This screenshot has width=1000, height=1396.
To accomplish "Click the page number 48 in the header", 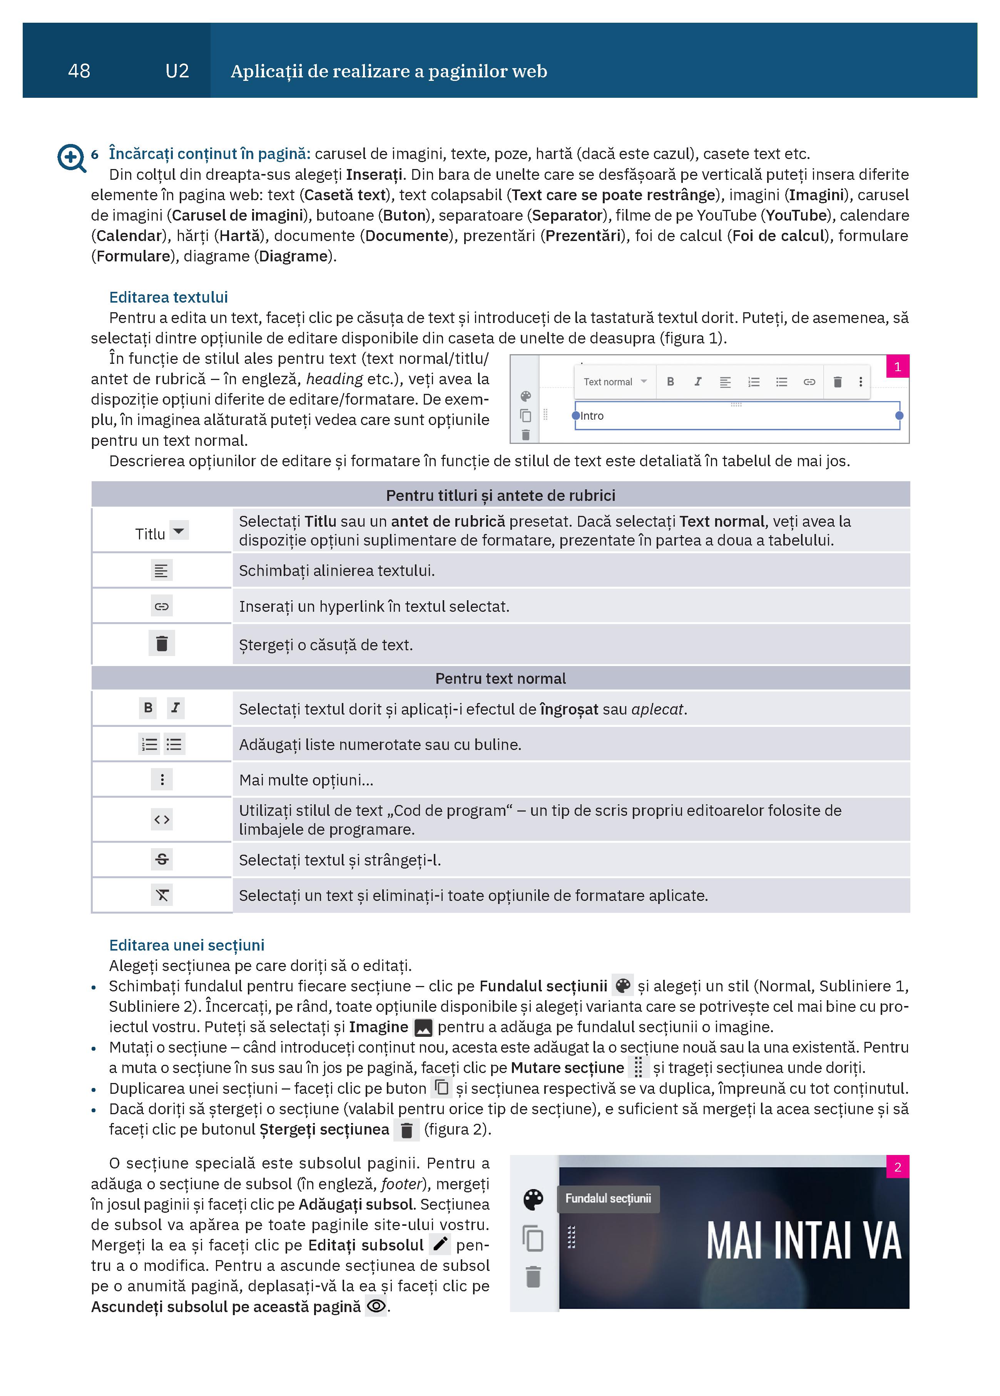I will pos(79,71).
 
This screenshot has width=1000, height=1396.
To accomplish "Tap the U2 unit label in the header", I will pos(177,71).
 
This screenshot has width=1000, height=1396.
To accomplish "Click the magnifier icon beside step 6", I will pos(71,157).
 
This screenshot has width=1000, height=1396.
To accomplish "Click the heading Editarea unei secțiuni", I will pos(186,945).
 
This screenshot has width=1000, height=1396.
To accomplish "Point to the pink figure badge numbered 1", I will pos(897,367).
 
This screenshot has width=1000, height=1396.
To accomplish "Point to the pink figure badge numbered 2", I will pos(897,1167).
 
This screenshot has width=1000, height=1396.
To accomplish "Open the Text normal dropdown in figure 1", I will pos(615,382).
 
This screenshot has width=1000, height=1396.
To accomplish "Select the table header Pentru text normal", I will pos(500,678).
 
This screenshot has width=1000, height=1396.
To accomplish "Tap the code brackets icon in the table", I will pos(162,819).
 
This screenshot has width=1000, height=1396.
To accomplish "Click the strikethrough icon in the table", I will pos(162,859).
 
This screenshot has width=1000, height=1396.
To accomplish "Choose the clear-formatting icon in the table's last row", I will pos(162,895).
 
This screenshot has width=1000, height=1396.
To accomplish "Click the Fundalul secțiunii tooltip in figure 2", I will pos(608,1198).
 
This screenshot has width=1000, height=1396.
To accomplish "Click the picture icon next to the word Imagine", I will pos(423,1027).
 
